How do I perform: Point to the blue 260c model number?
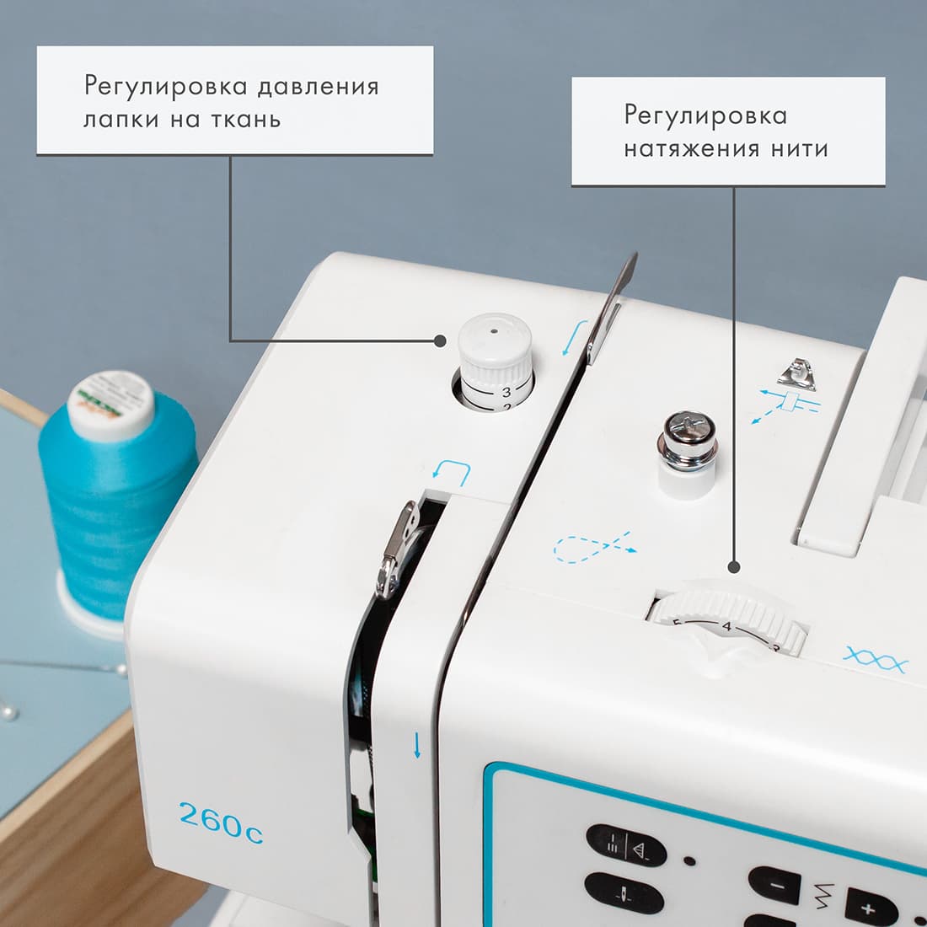point(221,820)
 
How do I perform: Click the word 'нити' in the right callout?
point(800,149)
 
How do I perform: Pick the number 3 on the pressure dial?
point(506,392)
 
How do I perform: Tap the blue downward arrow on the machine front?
point(416,745)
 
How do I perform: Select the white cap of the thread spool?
point(110,405)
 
